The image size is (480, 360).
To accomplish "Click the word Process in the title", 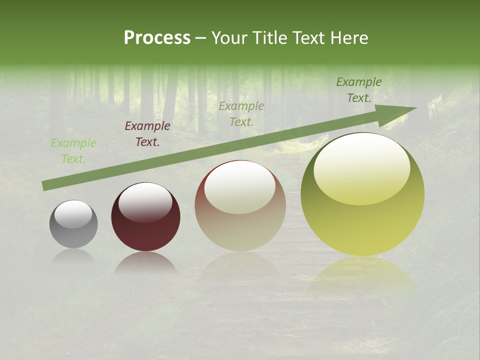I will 157,37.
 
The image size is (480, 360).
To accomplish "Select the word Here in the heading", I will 348,37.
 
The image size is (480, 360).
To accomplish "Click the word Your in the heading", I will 229,37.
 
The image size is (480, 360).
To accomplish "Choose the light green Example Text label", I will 73,150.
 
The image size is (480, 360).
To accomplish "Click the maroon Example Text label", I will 147,133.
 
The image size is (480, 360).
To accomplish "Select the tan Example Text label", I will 241,113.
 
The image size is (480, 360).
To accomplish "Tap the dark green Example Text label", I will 359,89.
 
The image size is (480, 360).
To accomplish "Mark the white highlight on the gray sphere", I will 73,214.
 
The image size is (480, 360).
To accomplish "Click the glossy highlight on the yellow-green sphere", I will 361,167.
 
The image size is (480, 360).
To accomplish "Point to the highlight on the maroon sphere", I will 145,201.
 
